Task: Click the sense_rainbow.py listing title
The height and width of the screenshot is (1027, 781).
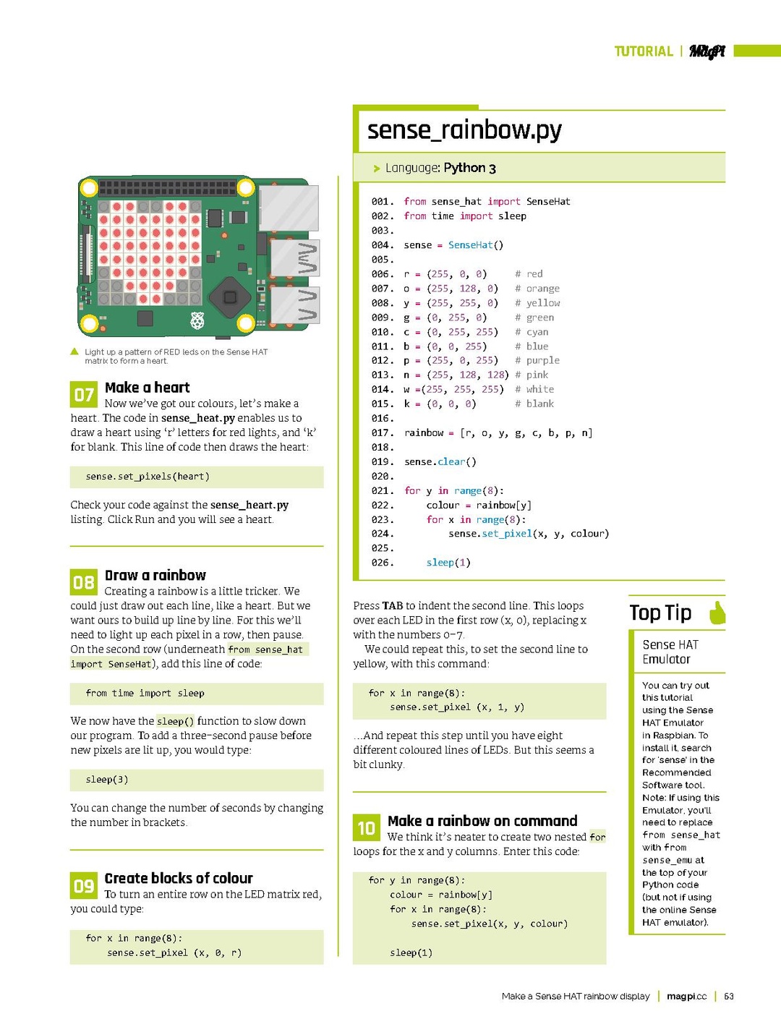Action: coord(464,130)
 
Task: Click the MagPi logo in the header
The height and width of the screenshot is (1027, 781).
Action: coord(707,51)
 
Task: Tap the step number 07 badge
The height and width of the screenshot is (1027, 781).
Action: coord(84,394)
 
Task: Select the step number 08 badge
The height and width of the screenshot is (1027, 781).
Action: coord(84,582)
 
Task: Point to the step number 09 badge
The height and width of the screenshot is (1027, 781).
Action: coord(84,885)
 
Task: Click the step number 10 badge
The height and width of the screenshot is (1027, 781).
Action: coord(367,827)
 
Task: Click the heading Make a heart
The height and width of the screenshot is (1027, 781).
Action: coord(147,388)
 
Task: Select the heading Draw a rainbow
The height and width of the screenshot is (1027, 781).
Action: coord(155,575)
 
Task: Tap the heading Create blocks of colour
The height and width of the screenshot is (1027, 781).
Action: coord(178,878)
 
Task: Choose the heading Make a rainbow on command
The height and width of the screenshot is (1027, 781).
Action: coord(482,821)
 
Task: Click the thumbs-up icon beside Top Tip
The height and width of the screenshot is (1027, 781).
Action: coord(717,612)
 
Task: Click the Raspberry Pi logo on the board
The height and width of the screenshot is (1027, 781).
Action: coord(197,320)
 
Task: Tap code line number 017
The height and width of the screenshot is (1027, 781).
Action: coord(382,432)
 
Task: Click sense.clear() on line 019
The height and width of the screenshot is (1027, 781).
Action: coord(440,461)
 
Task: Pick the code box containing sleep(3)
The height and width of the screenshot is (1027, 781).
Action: coord(197,780)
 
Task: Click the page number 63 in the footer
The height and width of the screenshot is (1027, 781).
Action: coord(729,996)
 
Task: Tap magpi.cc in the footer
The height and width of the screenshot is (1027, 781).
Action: coord(686,996)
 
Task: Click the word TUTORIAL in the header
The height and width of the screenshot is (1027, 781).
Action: coord(643,51)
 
